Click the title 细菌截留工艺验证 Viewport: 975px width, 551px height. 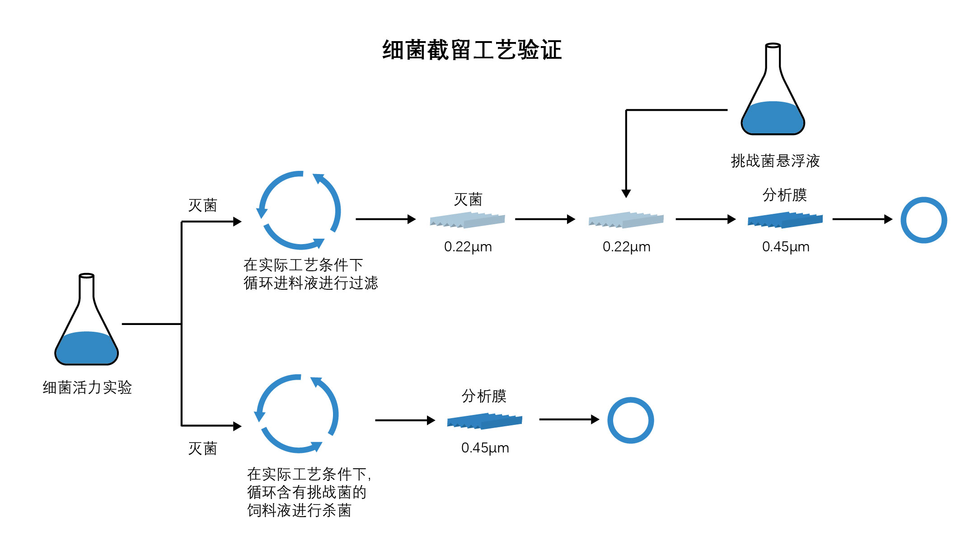coord(472,50)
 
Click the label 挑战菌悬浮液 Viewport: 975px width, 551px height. coord(775,161)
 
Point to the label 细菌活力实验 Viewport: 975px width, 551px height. coord(87,387)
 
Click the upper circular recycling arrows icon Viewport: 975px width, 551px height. coord(299,210)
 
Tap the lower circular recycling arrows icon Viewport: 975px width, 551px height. coord(297,414)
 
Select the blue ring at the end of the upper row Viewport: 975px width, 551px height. coord(923,220)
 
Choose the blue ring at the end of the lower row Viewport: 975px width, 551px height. coord(630,420)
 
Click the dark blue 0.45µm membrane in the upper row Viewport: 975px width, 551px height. coord(785,220)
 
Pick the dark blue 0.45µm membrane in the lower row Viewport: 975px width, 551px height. coord(484,421)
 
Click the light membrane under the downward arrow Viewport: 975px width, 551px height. coord(626,220)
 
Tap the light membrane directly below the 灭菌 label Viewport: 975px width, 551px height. coord(467,220)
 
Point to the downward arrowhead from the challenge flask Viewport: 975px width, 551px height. coord(626,193)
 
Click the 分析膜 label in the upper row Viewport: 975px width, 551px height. coord(785,195)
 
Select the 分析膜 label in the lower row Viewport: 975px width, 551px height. coord(484,396)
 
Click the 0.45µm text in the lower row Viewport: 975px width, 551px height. coord(485,448)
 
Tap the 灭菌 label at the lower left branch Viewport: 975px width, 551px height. coord(202,448)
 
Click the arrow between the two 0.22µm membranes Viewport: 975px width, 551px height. coord(545,219)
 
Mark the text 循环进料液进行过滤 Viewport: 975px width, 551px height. coord(310,283)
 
